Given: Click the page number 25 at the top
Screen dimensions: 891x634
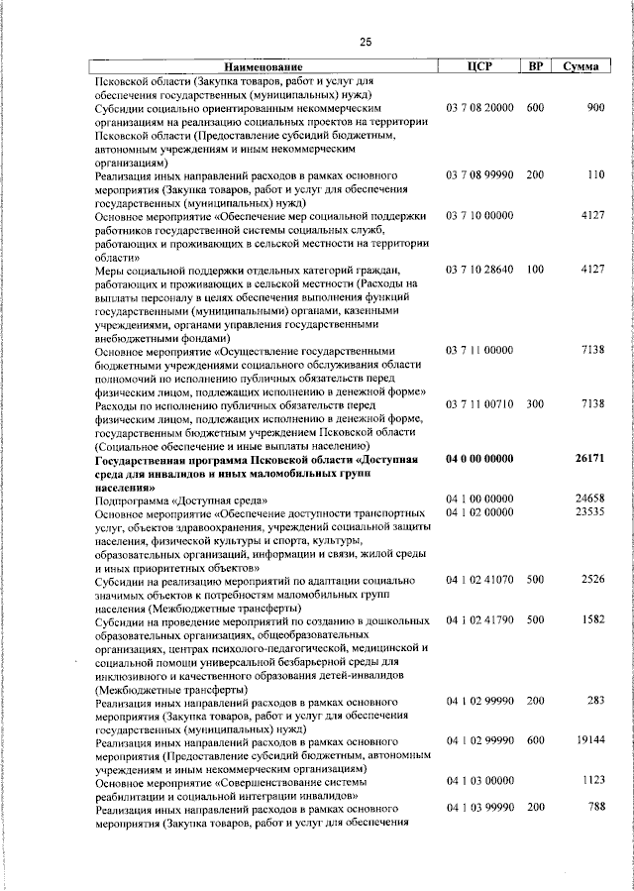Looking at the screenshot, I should (366, 42).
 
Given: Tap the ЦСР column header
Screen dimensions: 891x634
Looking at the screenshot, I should (479, 66).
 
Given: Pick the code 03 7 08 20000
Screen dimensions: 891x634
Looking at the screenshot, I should (479, 107).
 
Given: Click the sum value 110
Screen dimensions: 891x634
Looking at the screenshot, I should (594, 175).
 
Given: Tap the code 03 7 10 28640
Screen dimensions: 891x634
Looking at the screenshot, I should (479, 270).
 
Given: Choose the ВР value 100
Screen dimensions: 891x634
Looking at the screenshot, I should (535, 270).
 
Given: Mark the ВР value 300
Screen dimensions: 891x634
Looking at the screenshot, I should (535, 404).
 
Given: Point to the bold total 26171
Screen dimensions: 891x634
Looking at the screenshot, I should (589, 458).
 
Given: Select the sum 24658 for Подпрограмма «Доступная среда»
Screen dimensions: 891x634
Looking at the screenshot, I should (589, 499).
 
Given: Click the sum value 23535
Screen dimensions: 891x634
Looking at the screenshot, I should (589, 511).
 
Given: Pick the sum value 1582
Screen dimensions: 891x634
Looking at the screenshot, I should (591, 619).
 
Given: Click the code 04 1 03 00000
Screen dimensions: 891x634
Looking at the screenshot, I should (479, 781).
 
